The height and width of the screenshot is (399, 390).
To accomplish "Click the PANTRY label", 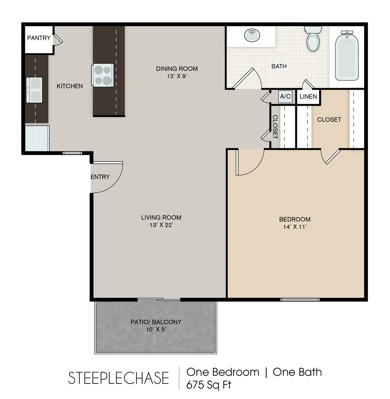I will (39, 38).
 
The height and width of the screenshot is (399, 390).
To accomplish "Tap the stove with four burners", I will (103, 75).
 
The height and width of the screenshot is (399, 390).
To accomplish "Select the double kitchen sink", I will (35, 90).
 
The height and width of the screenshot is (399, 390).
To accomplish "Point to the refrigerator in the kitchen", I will (37, 138).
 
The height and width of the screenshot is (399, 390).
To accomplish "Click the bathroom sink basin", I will (252, 36).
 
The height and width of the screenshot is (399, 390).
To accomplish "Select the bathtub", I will (347, 56).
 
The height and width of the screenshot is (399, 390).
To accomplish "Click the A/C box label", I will (285, 97).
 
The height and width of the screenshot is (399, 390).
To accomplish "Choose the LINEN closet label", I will (308, 97).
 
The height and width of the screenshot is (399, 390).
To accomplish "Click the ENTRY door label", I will (100, 177).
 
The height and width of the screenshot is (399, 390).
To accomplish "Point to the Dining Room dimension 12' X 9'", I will (177, 76).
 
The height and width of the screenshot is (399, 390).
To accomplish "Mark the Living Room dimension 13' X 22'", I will (161, 225).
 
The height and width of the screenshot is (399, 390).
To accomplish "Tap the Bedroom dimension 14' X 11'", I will (295, 227).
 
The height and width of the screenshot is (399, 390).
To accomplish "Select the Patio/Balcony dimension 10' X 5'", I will (156, 330).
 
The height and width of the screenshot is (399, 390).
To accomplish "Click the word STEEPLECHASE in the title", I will (119, 378).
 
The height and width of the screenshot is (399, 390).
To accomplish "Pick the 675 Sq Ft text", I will (209, 385).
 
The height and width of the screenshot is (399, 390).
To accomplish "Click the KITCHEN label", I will (70, 86).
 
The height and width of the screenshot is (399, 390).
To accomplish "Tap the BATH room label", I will (279, 66).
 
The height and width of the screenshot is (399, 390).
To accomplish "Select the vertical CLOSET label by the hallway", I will (275, 127).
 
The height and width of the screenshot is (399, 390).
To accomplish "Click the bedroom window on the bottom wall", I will (300, 300).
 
